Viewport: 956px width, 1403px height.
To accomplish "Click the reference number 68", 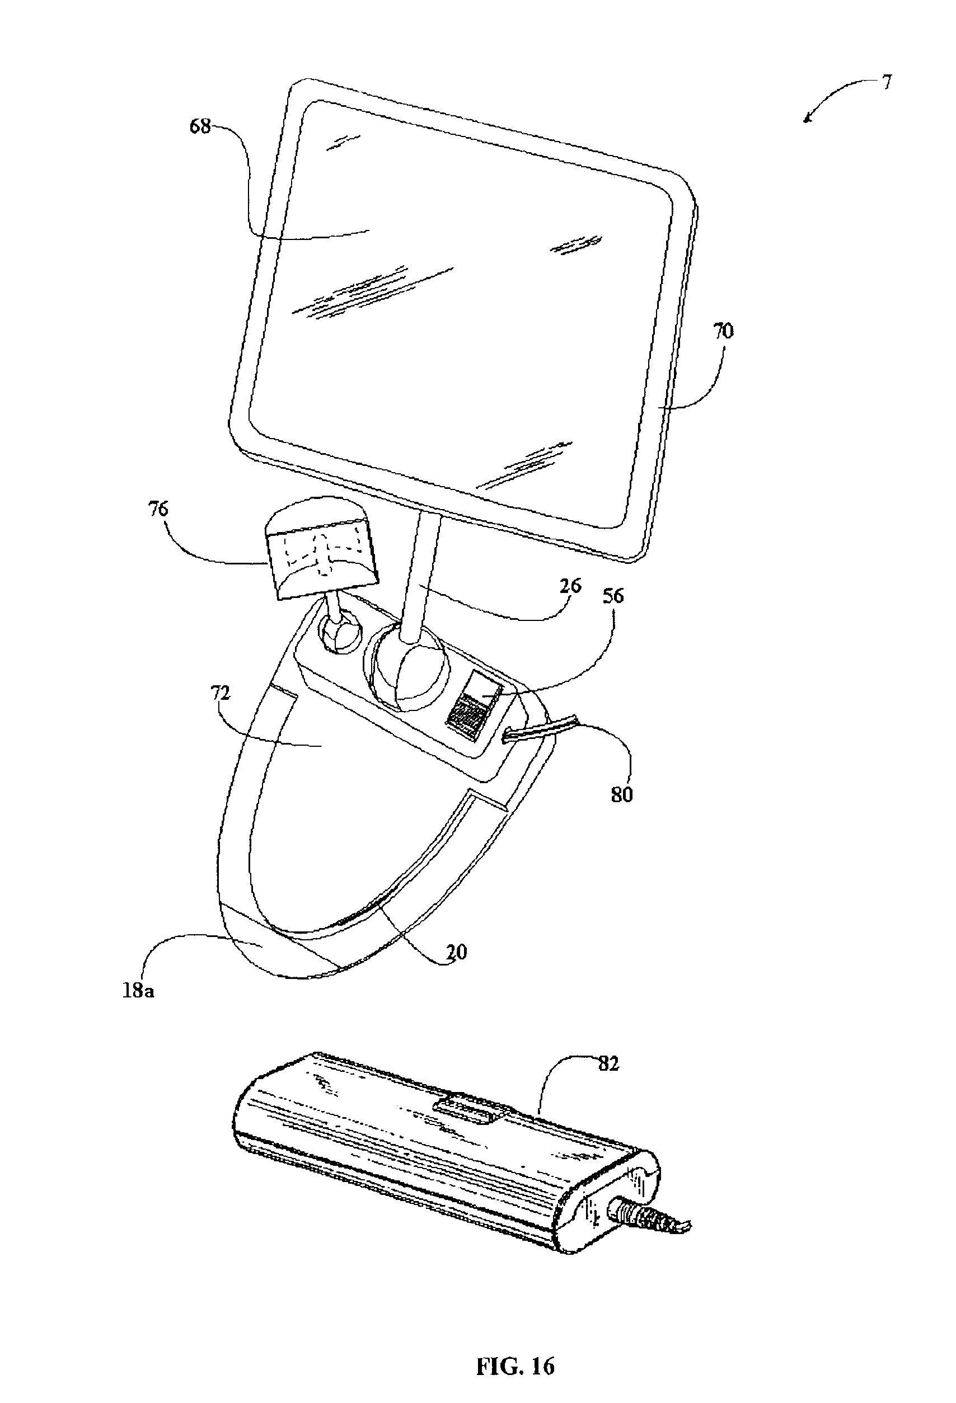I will tap(200, 127).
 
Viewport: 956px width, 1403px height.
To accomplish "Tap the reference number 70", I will tap(724, 331).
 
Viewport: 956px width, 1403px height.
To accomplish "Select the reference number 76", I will tap(158, 509).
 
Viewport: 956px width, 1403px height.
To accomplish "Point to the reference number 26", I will tap(570, 586).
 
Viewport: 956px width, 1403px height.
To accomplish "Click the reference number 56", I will tap(613, 596).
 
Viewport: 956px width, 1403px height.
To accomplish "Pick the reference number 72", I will tap(221, 693).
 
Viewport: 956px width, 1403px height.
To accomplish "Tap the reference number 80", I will tap(621, 794).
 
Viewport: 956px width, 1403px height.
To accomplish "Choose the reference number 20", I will tap(457, 952).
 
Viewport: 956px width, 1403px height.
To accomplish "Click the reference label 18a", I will tap(138, 991).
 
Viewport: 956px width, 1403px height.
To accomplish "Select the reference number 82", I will tap(609, 1063).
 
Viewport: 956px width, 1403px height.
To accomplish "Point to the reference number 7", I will tap(886, 82).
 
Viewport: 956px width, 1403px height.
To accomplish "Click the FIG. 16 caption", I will tap(515, 1349).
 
